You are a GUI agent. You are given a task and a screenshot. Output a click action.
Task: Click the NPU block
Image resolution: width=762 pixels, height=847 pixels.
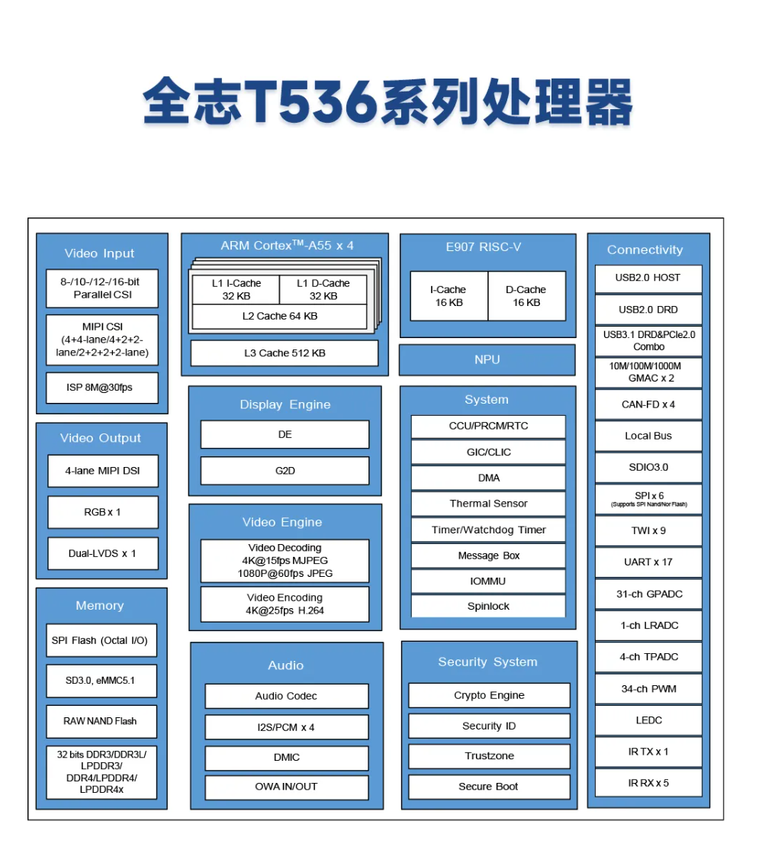tap(487, 359)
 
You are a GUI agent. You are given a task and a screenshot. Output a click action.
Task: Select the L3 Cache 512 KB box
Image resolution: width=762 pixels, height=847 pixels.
tap(285, 353)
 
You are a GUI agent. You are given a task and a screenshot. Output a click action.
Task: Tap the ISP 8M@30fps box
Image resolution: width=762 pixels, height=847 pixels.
tap(102, 388)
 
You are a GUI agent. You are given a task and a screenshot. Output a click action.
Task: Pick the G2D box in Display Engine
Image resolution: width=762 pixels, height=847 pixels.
tap(285, 471)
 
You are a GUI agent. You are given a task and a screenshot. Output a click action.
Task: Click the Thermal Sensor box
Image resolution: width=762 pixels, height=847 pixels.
tap(488, 504)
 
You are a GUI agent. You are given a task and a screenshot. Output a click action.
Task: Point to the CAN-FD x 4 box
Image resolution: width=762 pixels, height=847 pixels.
tap(648, 404)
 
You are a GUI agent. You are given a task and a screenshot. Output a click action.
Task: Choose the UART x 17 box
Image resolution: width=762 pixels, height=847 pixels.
tap(648, 562)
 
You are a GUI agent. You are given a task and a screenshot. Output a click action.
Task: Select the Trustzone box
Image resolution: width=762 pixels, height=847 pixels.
tap(489, 756)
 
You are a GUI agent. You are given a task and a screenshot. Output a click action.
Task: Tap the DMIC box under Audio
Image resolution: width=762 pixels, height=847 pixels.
tap(287, 758)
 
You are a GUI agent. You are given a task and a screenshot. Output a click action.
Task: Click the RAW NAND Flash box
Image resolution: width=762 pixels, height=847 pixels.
tap(101, 721)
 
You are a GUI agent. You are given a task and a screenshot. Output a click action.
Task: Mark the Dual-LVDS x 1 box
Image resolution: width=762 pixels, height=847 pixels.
tap(103, 554)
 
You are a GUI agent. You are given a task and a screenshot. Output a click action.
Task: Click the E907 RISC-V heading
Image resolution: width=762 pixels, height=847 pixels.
tap(484, 247)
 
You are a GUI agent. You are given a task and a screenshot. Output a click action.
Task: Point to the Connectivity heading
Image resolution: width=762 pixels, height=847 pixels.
tap(645, 250)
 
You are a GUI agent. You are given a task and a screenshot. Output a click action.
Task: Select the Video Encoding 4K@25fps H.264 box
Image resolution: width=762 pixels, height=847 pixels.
tap(285, 604)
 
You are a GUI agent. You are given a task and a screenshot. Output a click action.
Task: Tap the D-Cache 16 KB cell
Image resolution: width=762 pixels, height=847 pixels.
tap(526, 296)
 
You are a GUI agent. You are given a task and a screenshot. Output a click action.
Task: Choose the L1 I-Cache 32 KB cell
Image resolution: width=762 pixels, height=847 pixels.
tap(236, 289)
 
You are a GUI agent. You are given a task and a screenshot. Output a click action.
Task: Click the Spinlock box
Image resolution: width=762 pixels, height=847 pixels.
tap(488, 606)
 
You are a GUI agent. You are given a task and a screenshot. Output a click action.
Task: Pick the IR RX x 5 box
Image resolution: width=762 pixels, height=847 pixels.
tap(648, 783)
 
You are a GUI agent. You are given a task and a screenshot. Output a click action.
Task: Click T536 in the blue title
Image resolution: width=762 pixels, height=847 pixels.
tap(310, 101)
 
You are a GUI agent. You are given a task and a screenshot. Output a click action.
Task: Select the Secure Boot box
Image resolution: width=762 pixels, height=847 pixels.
tap(489, 787)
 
